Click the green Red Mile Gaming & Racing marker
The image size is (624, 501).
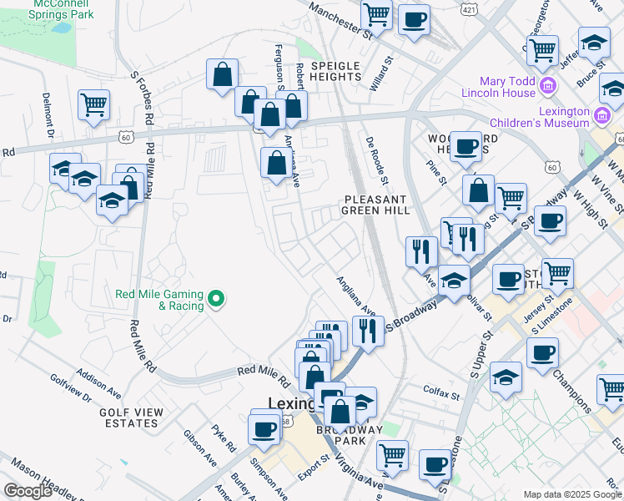coord(217,298)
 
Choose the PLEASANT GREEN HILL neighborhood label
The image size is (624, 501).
coord(375,205)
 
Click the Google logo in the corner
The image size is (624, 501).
coord(28,490)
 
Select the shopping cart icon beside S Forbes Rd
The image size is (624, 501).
coord(94,105)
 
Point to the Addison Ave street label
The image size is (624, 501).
coord(98,385)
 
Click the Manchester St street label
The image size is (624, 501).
coord(336,20)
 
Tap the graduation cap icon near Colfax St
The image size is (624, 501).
coord(506,377)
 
